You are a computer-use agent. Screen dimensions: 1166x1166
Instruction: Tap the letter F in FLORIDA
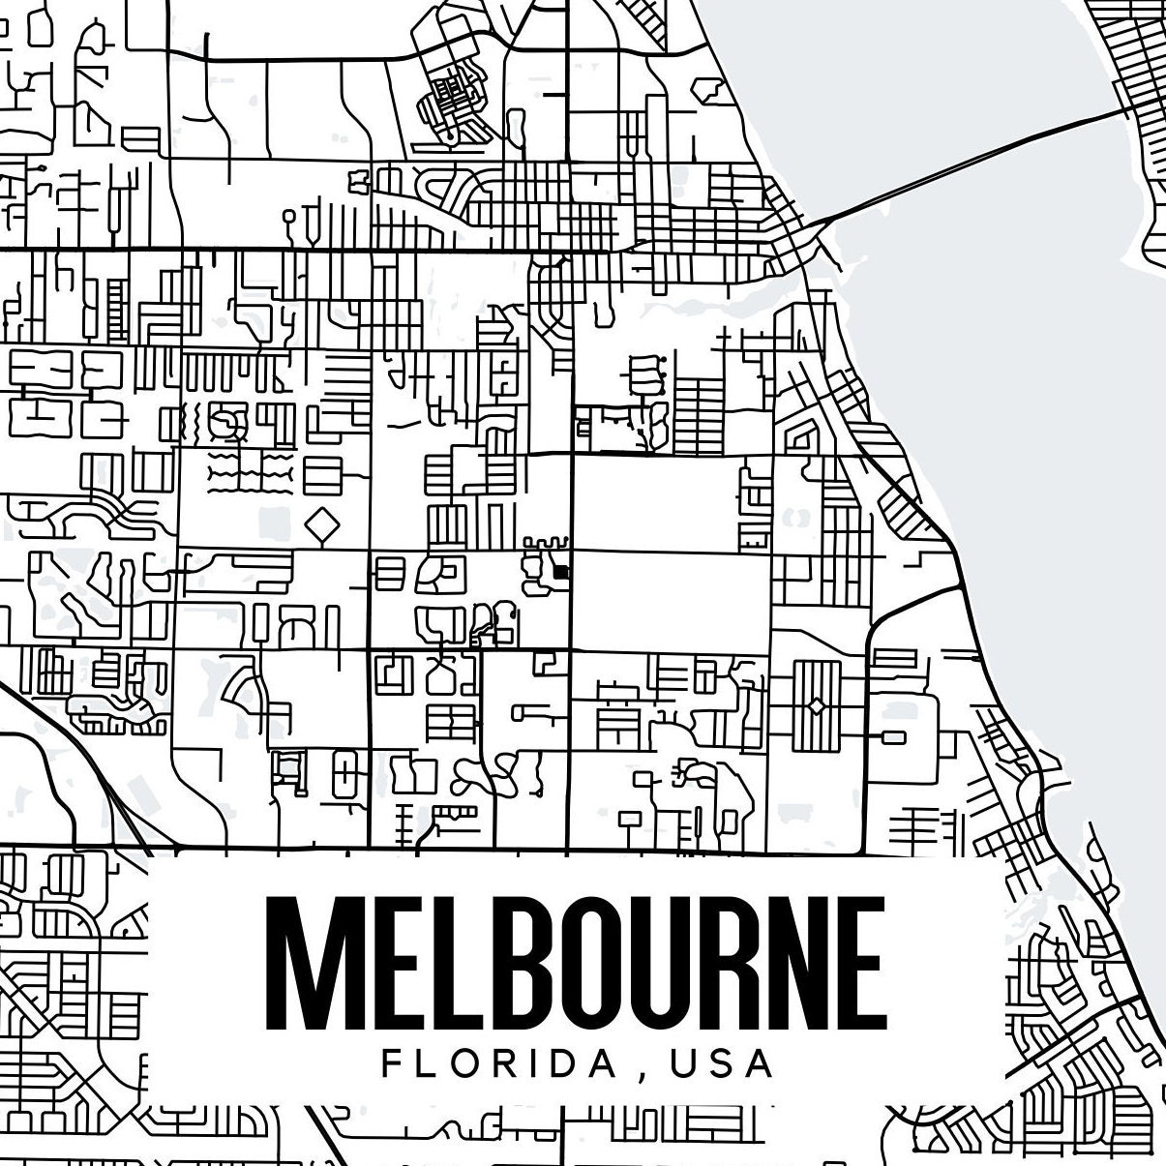[x=392, y=1064]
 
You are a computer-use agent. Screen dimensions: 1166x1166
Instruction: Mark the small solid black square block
[x=560, y=572]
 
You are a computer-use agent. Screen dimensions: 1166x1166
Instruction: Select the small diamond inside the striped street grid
[x=817, y=707]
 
